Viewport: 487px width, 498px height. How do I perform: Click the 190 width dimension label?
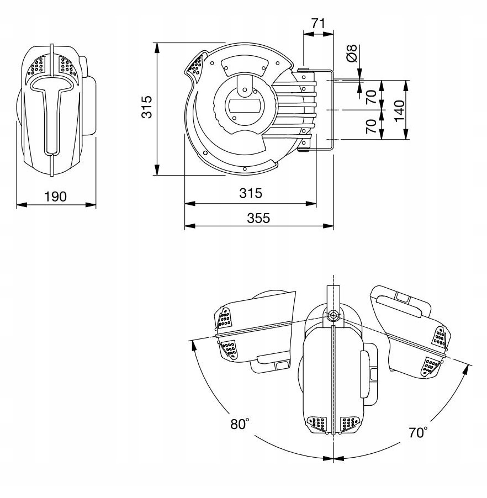coord(56,197)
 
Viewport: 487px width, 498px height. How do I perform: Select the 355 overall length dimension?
coord(258,218)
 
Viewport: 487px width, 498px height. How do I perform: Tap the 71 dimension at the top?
coord(318,24)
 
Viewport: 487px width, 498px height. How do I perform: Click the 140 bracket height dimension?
coord(400,110)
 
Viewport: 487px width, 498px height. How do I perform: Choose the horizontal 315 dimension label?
coord(250,194)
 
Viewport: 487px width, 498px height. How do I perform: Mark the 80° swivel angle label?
coord(240,424)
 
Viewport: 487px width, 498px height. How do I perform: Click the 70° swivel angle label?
coord(417,432)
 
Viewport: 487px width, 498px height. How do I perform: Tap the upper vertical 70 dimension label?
coord(371,96)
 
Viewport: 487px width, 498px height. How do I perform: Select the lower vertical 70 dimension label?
coord(371,126)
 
